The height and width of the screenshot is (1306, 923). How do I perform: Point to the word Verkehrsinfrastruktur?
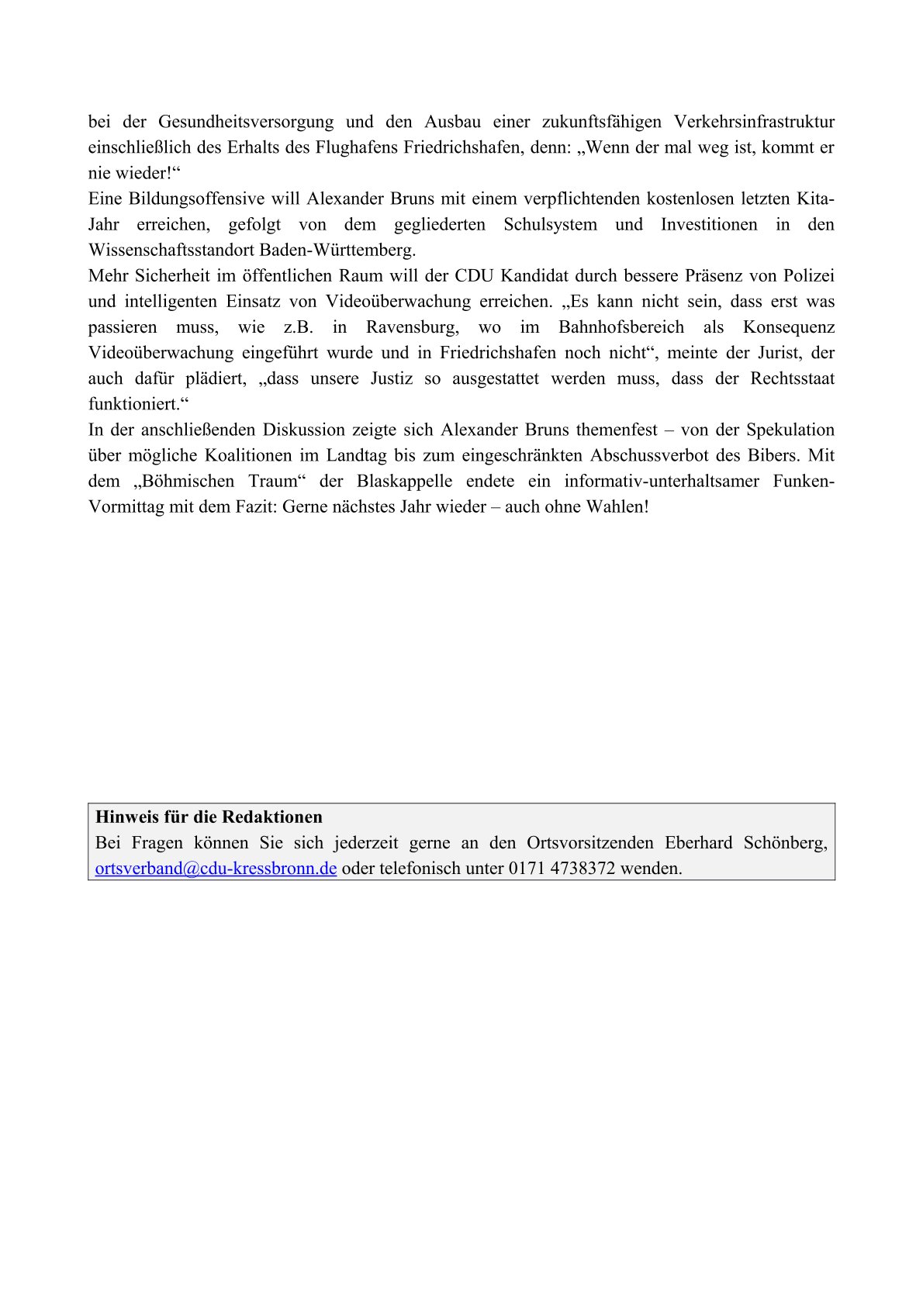[754, 122]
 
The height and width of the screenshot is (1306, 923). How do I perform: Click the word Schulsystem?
[551, 225]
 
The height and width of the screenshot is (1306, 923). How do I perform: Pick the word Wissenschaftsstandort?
[171, 250]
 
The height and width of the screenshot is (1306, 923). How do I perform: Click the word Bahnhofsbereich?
[621, 327]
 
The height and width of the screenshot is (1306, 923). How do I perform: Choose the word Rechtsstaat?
[792, 378]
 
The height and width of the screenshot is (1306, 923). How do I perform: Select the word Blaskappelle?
[404, 481]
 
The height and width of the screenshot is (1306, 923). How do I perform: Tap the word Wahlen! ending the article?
[617, 507]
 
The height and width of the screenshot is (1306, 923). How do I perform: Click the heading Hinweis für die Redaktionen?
[209, 817]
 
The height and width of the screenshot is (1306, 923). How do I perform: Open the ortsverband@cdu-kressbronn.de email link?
[216, 869]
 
